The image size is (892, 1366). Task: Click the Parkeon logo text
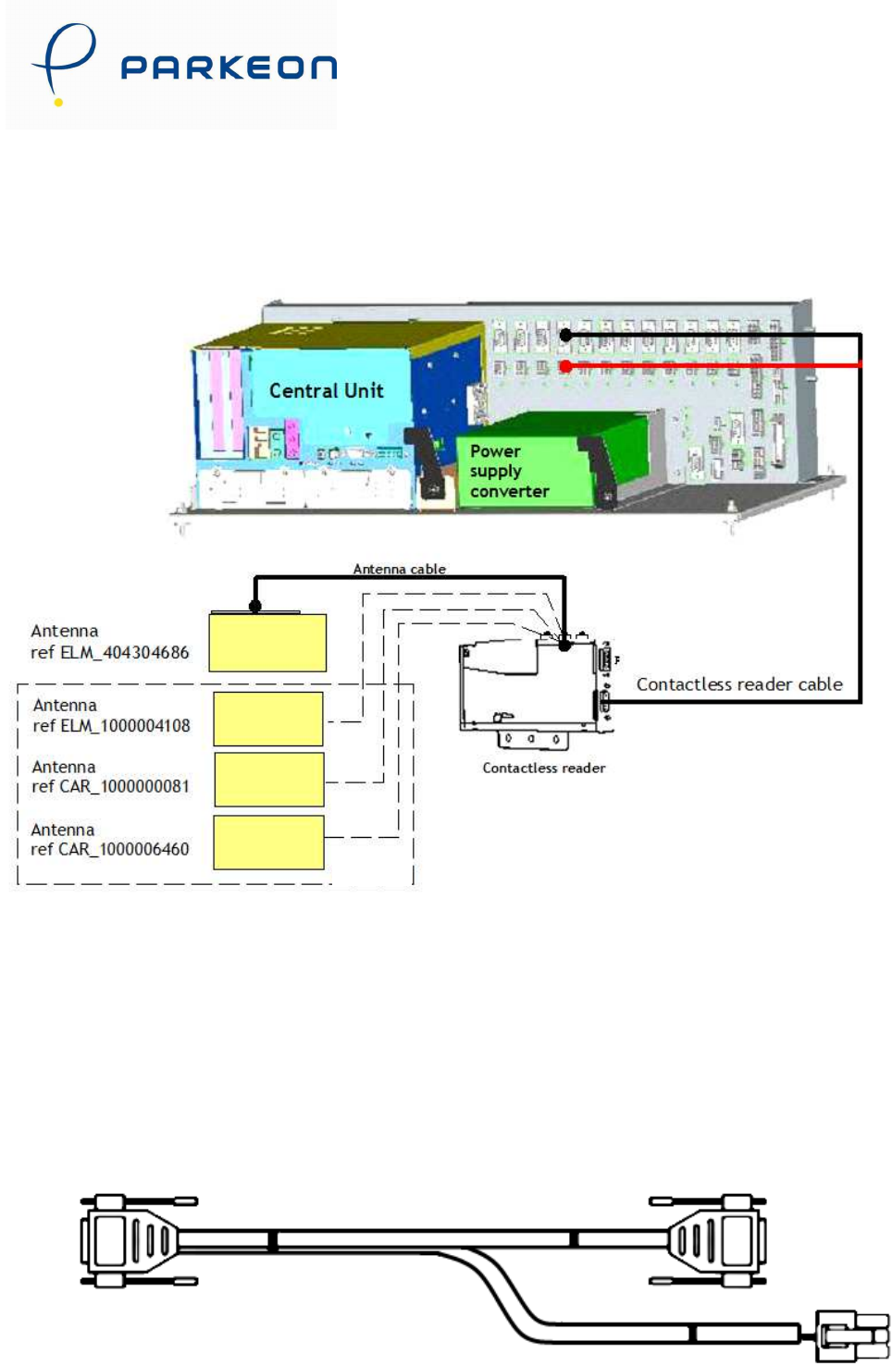pos(229,68)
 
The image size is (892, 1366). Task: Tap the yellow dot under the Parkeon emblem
pos(58,102)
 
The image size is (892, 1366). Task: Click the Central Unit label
pos(326,390)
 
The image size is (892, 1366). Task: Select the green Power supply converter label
pos(508,471)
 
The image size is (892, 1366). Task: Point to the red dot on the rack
pos(565,366)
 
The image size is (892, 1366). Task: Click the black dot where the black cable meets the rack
pos(565,335)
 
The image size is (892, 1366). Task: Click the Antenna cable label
pos(399,569)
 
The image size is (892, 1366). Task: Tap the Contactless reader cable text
pos(738,684)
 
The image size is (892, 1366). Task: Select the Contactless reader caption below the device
pos(543,768)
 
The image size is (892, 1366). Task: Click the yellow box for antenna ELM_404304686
pos(267,642)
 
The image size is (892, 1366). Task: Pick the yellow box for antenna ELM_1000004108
pos(268,719)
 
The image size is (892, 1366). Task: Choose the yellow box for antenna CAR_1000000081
pos(269,779)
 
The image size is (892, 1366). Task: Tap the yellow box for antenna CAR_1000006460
pos(268,842)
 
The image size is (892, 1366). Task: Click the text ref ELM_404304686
pos(109,652)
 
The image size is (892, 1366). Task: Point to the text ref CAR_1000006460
pos(109,849)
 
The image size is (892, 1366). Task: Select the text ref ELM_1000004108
pos(111,726)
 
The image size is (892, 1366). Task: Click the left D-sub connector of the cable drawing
pos(125,1240)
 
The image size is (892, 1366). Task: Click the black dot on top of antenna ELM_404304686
pos(255,607)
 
